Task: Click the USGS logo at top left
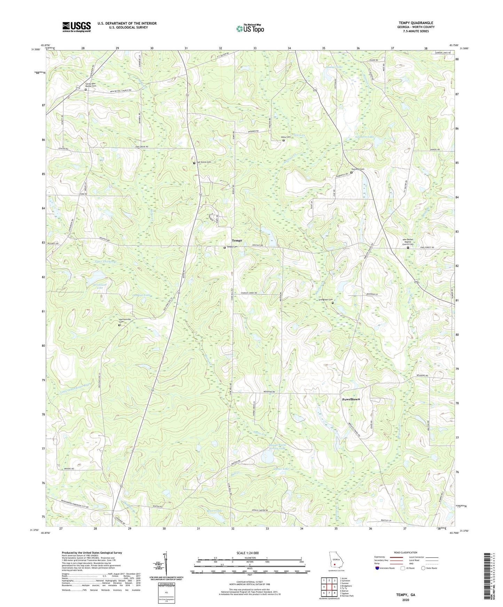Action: (x=77, y=27)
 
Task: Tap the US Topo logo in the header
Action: (x=250, y=29)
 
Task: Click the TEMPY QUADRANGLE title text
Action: (x=416, y=23)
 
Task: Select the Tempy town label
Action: (x=237, y=241)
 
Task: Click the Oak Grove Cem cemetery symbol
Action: (x=194, y=163)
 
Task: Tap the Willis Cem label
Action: (x=286, y=137)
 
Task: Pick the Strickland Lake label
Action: (x=100, y=286)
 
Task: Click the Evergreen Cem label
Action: (x=325, y=300)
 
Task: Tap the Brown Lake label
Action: (x=214, y=510)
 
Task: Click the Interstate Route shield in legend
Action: (x=378, y=568)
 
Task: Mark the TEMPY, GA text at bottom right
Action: (x=406, y=595)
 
